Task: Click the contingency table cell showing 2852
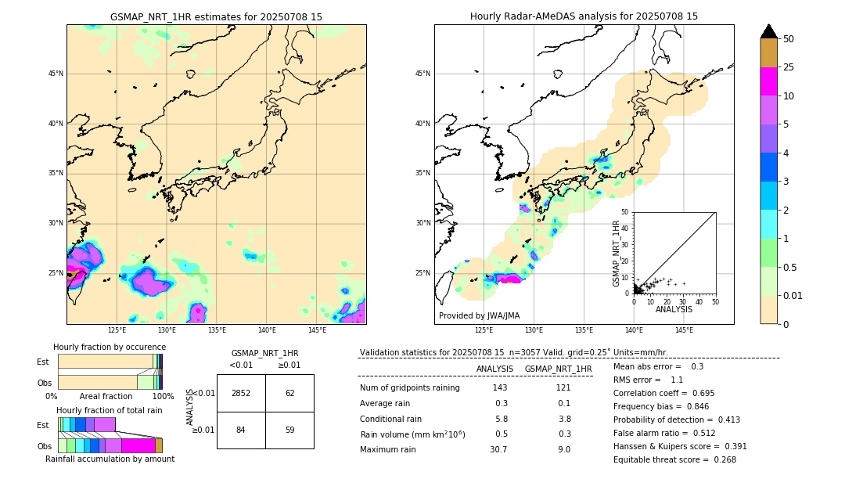pos(241,393)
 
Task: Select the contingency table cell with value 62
pos(289,393)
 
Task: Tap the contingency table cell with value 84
pos(241,430)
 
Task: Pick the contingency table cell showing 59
pos(289,430)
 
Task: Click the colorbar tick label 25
pos(789,67)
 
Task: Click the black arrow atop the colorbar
pos(769,31)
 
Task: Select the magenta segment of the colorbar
pos(769,81)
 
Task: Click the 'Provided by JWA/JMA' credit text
pos(479,316)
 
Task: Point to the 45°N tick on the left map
pos(56,74)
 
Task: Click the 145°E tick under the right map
pos(684,331)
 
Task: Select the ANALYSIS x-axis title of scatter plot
pos(673,310)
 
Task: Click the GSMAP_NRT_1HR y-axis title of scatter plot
pos(616,253)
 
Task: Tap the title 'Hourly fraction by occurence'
pos(110,347)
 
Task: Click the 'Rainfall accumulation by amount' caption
pos(110,459)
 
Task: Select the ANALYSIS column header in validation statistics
pos(494,369)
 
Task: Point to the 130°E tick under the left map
pos(167,331)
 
